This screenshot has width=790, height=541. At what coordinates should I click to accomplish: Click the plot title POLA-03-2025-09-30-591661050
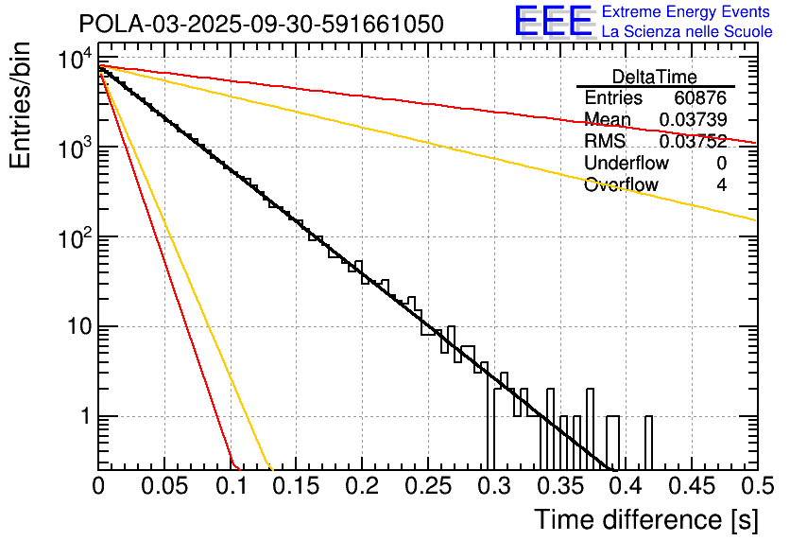[x=261, y=24]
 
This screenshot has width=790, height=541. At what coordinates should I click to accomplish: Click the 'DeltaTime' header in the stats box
[x=655, y=77]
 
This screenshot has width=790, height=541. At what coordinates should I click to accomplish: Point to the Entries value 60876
[x=700, y=98]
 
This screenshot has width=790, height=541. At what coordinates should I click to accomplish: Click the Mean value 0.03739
[x=695, y=119]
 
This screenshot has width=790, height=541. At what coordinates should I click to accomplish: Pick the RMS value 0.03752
[x=695, y=141]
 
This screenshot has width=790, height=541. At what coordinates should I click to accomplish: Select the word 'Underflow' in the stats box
[x=627, y=163]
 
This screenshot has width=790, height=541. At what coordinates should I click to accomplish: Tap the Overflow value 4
[x=721, y=184]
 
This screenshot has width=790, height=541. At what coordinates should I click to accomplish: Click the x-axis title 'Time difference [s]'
[x=644, y=519]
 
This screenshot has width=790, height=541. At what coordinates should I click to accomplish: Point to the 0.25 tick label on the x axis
[x=427, y=487]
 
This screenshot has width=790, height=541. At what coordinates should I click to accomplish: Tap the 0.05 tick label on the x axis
[x=164, y=487]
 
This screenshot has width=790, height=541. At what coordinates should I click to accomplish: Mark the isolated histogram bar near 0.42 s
[x=648, y=442]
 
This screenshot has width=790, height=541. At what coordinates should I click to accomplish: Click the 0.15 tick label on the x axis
[x=296, y=487]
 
